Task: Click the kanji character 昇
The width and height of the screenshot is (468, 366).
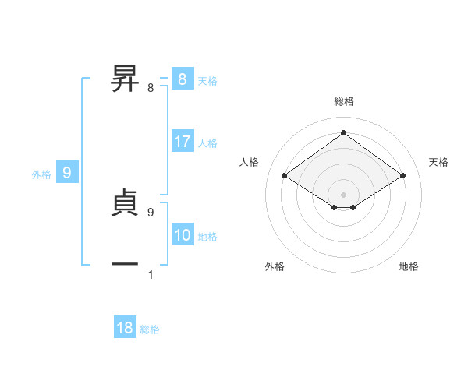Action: pyautogui.click(x=125, y=79)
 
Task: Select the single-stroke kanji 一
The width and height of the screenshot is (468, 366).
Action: pyautogui.click(x=125, y=265)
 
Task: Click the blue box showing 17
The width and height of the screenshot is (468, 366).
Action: pyautogui.click(x=183, y=143)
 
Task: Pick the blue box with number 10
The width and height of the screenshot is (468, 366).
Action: pyautogui.click(x=183, y=236)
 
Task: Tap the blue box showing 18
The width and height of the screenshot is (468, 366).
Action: pyautogui.click(x=125, y=328)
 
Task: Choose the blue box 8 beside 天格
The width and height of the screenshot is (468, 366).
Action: pyautogui.click(x=183, y=79)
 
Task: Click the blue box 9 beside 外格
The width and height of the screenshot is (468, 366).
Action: pyautogui.click(x=67, y=174)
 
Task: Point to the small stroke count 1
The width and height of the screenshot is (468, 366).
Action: pyautogui.click(x=151, y=275)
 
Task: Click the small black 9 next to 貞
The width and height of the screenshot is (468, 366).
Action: pyautogui.click(x=151, y=212)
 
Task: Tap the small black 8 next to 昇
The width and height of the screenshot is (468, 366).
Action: pyautogui.click(x=151, y=89)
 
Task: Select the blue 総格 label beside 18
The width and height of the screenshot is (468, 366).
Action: pyautogui.click(x=150, y=329)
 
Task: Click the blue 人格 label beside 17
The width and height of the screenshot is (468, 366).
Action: pyautogui.click(x=207, y=143)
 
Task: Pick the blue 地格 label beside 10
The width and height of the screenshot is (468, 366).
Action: pyautogui.click(x=207, y=237)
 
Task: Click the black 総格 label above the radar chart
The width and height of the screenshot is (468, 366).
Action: pyautogui.click(x=343, y=101)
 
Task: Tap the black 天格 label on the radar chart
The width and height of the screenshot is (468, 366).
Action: pyautogui.click(x=438, y=162)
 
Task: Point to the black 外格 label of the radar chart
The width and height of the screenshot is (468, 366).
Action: pyautogui.click(x=275, y=266)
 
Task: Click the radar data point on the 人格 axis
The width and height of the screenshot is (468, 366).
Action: pyautogui.click(x=285, y=176)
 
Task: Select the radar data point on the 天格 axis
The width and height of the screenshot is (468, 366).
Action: pyautogui.click(x=402, y=176)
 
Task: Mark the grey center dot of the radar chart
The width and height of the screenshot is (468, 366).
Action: pyautogui.click(x=343, y=194)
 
